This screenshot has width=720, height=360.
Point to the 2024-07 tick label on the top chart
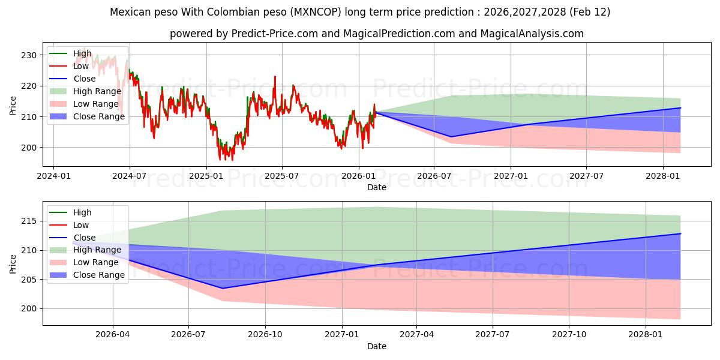click(130, 176)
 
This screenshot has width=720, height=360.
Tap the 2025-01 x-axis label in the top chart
click(206, 176)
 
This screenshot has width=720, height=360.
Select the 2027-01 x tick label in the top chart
click(511, 176)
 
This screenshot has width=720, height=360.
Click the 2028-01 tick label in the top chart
click(663, 176)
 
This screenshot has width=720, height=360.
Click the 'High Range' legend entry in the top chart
click(97, 91)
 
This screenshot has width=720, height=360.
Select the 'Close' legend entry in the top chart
click(84, 79)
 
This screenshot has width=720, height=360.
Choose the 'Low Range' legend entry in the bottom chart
click(95, 262)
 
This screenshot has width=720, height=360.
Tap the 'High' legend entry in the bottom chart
click(82, 212)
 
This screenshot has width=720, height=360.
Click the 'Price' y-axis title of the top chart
click(13, 106)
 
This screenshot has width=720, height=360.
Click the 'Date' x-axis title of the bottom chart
click(377, 346)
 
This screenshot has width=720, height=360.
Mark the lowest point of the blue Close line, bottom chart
click(223, 289)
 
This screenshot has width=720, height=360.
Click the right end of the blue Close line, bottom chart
click(680, 233)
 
